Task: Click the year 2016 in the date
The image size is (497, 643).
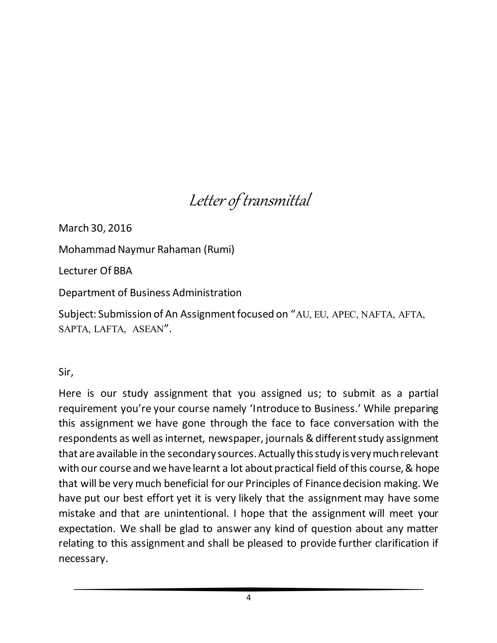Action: point(120,228)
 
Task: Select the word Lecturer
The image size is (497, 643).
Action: point(77,271)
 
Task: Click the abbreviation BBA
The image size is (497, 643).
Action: point(123,271)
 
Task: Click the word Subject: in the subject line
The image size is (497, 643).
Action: point(77,314)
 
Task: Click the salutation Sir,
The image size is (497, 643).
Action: point(66,372)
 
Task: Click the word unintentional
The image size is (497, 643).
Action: point(196,513)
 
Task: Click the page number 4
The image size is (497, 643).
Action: point(248,598)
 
